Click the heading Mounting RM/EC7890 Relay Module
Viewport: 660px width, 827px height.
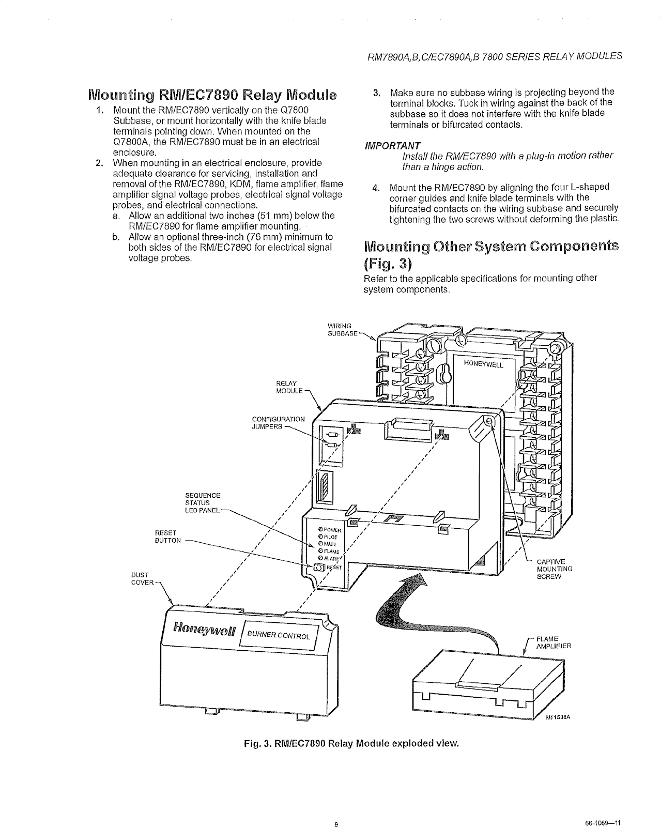coord(212,96)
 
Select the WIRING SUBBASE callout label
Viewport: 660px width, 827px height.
coord(343,330)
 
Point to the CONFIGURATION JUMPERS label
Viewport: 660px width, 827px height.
coord(278,423)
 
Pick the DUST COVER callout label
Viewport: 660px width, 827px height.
coord(142,578)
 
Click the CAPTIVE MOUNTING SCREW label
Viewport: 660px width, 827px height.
coord(555,569)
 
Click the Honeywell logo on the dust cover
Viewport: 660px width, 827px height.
coord(204,629)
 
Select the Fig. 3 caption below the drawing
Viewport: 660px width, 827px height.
coord(351,744)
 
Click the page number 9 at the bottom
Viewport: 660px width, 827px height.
coord(336,809)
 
